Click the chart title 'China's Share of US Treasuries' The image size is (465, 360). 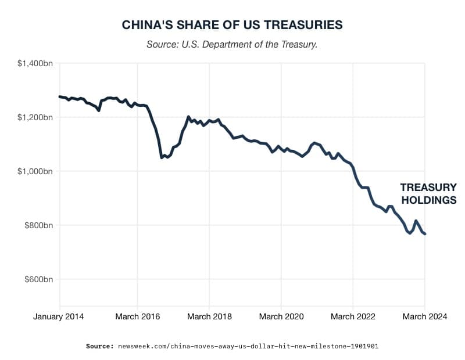point(232,24)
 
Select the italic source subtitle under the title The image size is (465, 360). point(232,45)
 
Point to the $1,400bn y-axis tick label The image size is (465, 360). point(36,63)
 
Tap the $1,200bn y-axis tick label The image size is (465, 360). point(36,117)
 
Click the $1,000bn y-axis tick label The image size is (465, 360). point(36,171)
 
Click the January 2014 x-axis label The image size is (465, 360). point(58,316)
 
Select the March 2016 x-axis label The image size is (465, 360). point(137,316)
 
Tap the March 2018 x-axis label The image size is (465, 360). point(209,316)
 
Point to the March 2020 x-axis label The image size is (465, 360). point(281,316)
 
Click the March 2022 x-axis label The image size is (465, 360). point(353,316)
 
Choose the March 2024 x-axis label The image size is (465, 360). point(425,316)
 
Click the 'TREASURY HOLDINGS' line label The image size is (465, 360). point(428,194)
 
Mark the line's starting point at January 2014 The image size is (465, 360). point(60,96)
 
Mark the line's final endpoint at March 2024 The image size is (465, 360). point(425,234)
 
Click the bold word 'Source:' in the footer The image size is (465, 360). point(100,346)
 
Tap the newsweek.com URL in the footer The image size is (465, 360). point(248,346)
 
